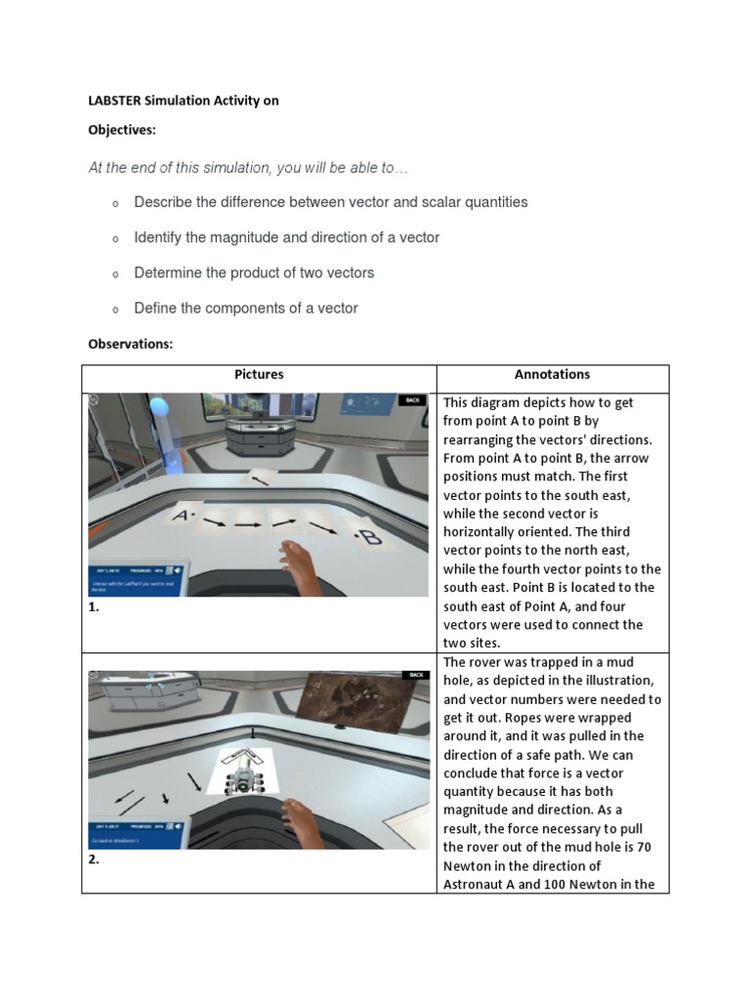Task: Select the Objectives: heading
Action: pos(122,130)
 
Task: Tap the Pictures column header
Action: pos(259,374)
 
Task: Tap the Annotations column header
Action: pos(552,374)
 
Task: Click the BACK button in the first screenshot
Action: pos(411,400)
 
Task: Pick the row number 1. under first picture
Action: pos(95,606)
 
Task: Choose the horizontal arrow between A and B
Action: pos(247,525)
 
